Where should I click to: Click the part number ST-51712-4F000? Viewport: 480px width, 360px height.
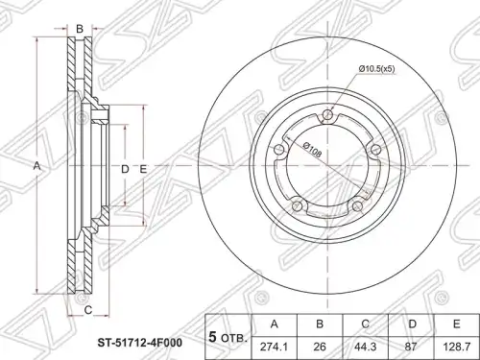[x=140, y=343]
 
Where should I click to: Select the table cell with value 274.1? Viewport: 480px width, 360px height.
[x=275, y=348]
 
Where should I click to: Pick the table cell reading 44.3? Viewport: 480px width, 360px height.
[x=366, y=348]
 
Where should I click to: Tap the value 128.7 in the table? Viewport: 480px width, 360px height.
[x=457, y=348]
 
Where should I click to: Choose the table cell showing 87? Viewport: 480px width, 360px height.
[x=411, y=348]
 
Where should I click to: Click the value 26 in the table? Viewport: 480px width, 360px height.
[x=320, y=348]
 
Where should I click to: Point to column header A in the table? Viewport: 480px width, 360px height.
[x=275, y=324]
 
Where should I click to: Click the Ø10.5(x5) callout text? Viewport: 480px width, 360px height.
[x=375, y=69]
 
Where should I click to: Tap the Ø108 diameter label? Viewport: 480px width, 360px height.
[x=311, y=149]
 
